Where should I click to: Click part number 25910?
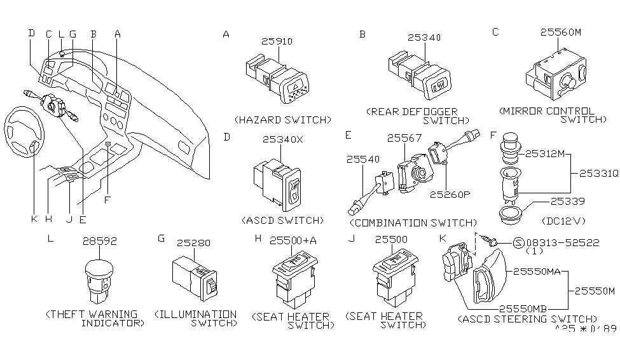[x=277, y=42]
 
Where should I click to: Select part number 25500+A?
[x=293, y=240]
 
